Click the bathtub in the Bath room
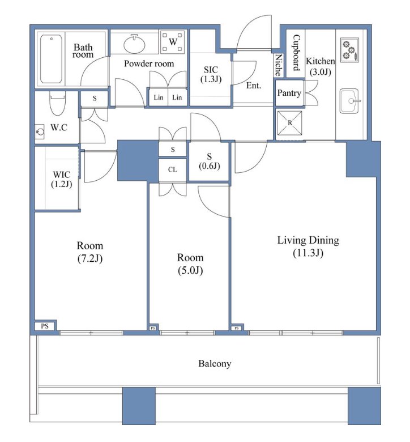pyautogui.click(x=51, y=59)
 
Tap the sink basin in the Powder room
pyautogui.click(x=134, y=44)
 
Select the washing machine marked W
pyautogui.click(x=173, y=42)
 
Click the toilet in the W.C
pyautogui.click(x=58, y=103)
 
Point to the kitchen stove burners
pyautogui.click(x=350, y=50)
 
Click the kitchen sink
pyautogui.click(x=349, y=101)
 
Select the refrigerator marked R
pyautogui.click(x=290, y=123)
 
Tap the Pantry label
pyautogui.click(x=289, y=93)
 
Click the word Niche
pyautogui.click(x=279, y=65)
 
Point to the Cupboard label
pyautogui.click(x=296, y=53)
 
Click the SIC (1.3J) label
pyautogui.click(x=211, y=74)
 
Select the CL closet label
pyautogui.click(x=173, y=169)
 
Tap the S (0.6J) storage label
pyautogui.click(x=210, y=161)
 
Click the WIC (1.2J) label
pyautogui.click(x=61, y=179)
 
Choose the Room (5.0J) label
pyautogui.click(x=190, y=264)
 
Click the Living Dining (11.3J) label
pyautogui.click(x=308, y=246)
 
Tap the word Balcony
pyautogui.click(x=215, y=364)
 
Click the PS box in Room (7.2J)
pyautogui.click(x=45, y=326)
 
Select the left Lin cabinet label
pyautogui.click(x=159, y=97)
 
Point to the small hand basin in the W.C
pyautogui.click(x=40, y=131)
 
